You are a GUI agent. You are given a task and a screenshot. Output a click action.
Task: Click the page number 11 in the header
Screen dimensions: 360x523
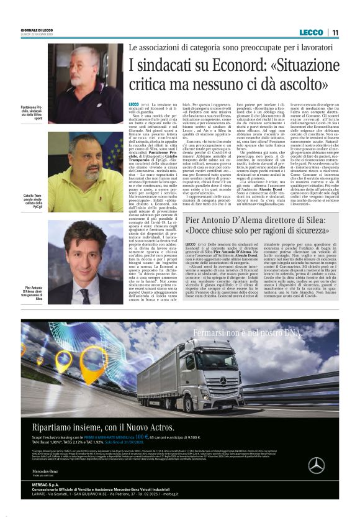(335, 32)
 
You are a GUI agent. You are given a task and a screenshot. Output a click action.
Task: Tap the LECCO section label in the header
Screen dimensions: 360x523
(311, 32)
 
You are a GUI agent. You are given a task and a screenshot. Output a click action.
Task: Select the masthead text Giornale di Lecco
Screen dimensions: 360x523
(37, 30)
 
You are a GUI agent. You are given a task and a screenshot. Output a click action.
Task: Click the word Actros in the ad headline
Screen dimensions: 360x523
(156, 428)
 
